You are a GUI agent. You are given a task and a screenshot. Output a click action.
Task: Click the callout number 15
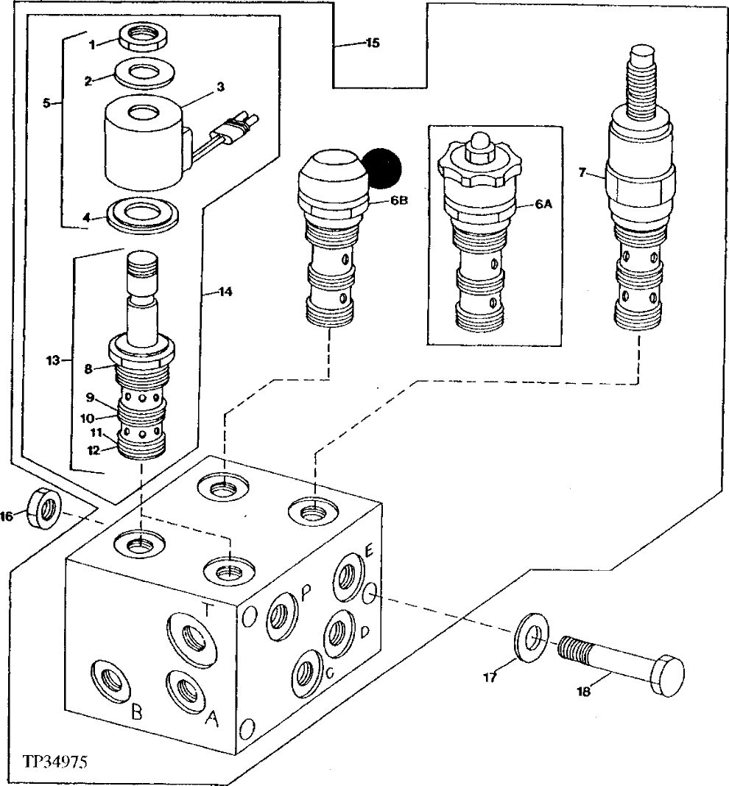pos(373,43)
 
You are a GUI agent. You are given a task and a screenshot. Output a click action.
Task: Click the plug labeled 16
pos(43,508)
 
